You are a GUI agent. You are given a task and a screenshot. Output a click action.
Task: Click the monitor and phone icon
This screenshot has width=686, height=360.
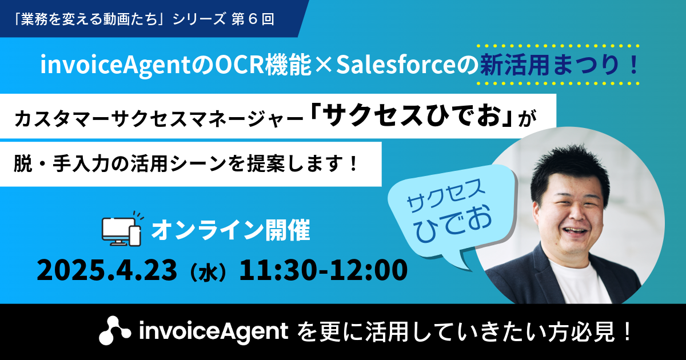[122, 229]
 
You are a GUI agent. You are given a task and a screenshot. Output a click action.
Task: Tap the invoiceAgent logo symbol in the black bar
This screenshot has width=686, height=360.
[115, 331]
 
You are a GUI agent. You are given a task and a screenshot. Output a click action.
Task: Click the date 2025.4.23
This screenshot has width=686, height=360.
[107, 270]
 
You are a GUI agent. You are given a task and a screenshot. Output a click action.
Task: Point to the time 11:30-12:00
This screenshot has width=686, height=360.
[324, 270]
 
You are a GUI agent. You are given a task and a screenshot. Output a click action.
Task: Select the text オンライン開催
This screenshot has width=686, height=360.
[231, 230]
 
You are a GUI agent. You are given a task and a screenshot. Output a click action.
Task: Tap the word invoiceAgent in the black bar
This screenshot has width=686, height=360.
[213, 331]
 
